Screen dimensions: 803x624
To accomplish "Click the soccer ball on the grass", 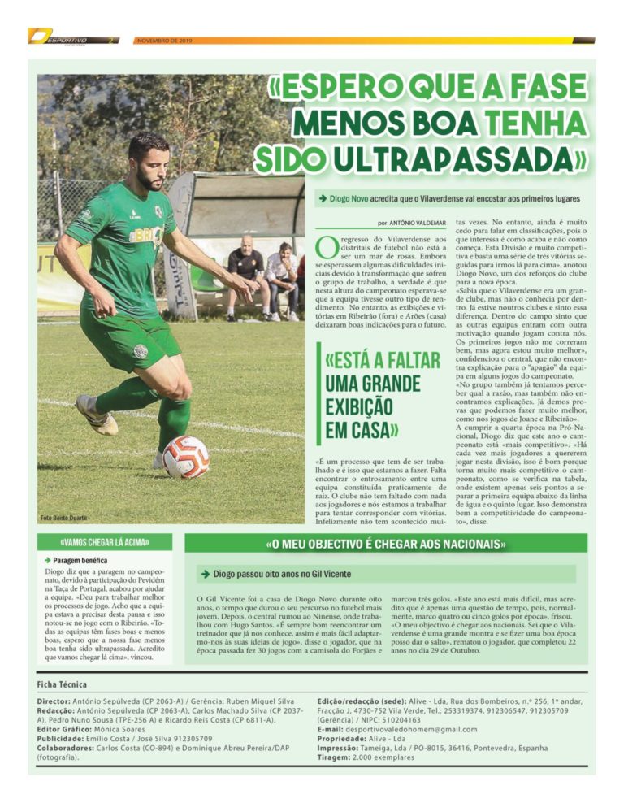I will (x=186, y=456).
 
